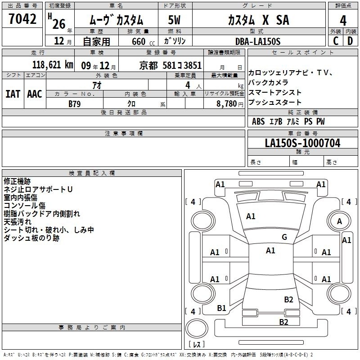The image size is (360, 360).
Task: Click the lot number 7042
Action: coord(22,19)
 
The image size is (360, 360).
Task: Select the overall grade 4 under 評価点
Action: coord(343,21)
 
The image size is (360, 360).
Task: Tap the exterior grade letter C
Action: coord(336,41)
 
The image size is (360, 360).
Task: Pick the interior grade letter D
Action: coord(350,41)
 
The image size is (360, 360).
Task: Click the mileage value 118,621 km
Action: coord(53,65)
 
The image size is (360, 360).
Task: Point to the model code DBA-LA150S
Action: coord(258,41)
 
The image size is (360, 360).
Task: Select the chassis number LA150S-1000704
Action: coord(302,143)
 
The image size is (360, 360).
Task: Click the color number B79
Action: coord(75,104)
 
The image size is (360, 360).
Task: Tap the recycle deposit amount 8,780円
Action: coord(230,104)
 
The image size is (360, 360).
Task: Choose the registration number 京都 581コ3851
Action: coord(171,66)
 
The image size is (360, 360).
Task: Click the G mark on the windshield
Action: coord(284,237)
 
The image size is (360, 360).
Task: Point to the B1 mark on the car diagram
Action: coord(221,308)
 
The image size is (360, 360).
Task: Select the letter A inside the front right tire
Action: coord(339,221)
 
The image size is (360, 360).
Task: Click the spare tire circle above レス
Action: coord(197,328)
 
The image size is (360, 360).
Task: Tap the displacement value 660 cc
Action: coord(143,42)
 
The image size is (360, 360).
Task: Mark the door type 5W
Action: coord(174,20)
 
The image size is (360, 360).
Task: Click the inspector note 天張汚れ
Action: coord(18,222)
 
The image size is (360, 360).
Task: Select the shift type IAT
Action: coord(13,94)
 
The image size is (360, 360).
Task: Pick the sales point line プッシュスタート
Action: coord(275,103)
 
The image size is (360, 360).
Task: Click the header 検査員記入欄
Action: coord(92,173)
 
